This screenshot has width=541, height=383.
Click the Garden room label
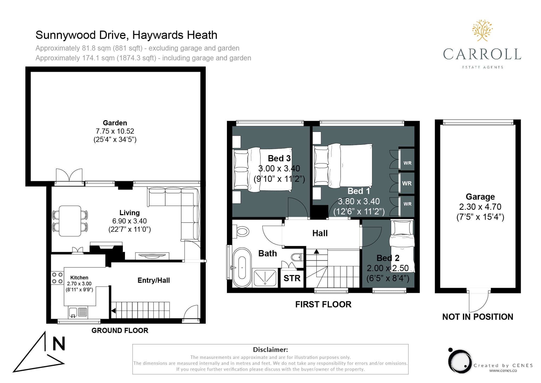click(x=115, y=123)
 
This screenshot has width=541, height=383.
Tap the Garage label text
click(x=480, y=197)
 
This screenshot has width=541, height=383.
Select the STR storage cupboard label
click(x=292, y=278)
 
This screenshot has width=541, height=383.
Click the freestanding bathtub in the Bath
click(x=242, y=267)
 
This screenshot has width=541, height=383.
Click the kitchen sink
click(x=78, y=312)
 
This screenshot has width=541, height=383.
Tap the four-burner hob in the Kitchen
click(x=57, y=278)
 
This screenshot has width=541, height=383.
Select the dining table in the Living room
click(x=70, y=221)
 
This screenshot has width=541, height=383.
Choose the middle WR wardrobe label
click(x=407, y=183)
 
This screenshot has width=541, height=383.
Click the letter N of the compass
click(x=59, y=344)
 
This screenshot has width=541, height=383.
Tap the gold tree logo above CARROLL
click(x=482, y=30)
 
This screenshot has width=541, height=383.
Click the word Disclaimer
click(x=270, y=349)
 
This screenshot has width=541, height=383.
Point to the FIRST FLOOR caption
click(x=323, y=305)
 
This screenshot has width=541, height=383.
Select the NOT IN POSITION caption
click(x=478, y=317)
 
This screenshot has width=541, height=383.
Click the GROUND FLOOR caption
click(x=120, y=330)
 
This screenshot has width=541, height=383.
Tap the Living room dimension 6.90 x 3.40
click(x=130, y=221)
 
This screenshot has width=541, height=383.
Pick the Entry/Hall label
click(x=154, y=280)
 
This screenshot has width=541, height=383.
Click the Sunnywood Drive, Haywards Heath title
click(x=126, y=35)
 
